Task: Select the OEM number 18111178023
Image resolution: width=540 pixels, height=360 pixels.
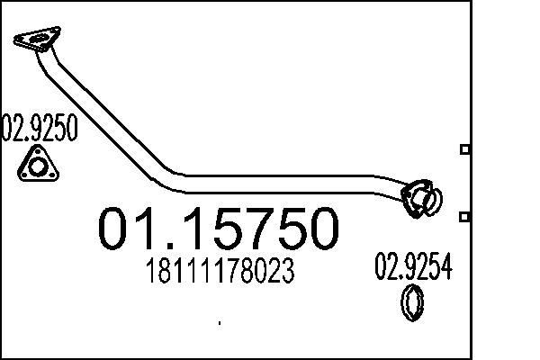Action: tap(218, 272)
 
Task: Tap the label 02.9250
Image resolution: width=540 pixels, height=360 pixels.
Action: tap(40, 129)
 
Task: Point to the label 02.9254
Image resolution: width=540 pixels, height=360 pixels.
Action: tap(413, 267)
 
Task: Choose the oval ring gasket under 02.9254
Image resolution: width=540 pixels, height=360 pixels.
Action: tap(412, 302)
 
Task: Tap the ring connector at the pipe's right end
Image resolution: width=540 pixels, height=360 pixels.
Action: tap(422, 198)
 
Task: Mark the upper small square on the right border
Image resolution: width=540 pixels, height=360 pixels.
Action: tap(464, 149)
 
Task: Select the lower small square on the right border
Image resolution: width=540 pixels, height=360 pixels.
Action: tap(464, 217)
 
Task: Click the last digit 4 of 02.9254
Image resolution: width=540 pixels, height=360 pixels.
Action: tap(445, 267)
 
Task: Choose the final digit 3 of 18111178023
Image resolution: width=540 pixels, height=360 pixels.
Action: tap(288, 272)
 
